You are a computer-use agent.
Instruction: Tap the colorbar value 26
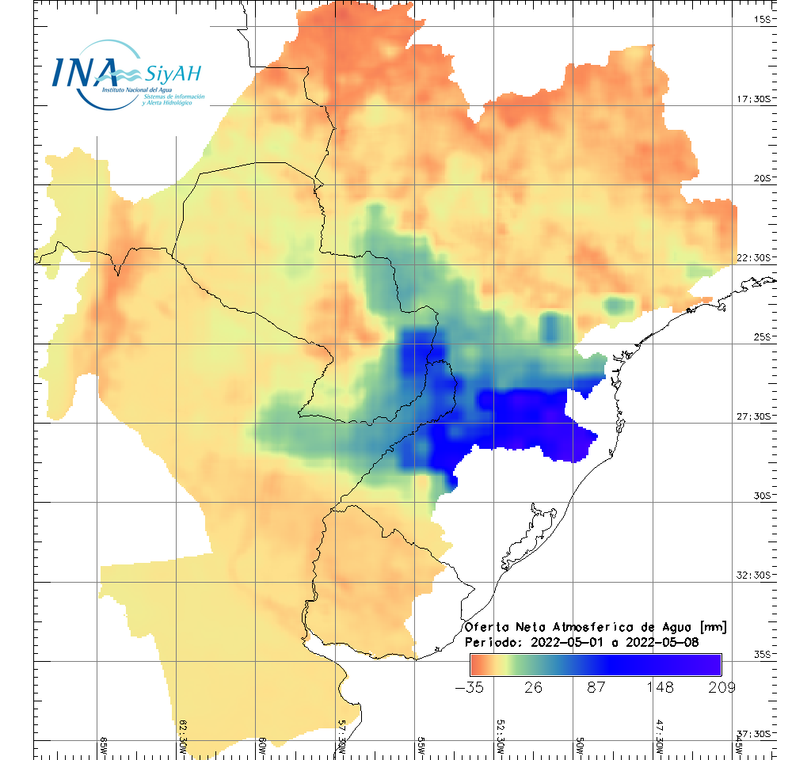click(533, 686)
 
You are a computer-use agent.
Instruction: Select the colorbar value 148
click(658, 686)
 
